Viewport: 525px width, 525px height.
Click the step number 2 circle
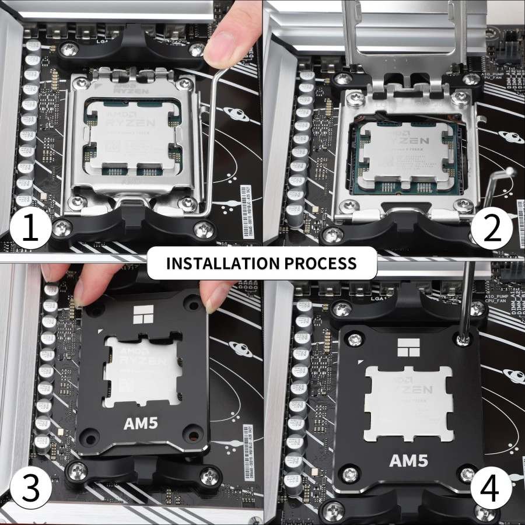[x=491, y=229]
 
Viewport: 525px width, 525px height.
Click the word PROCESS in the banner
[x=320, y=262]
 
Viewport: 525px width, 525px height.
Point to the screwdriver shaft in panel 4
[x=467, y=297]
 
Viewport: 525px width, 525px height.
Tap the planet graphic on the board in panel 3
[x=240, y=348]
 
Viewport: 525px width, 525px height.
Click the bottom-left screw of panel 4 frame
[x=350, y=473]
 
